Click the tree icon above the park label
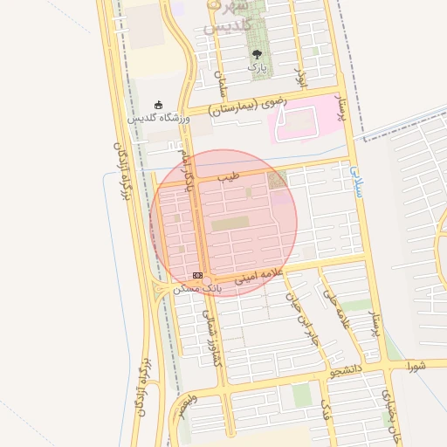[256, 53]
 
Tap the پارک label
[256, 66]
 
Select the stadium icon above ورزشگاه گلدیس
[158, 105]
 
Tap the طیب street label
[228, 176]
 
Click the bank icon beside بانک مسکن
[197, 275]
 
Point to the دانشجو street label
[345, 371]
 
